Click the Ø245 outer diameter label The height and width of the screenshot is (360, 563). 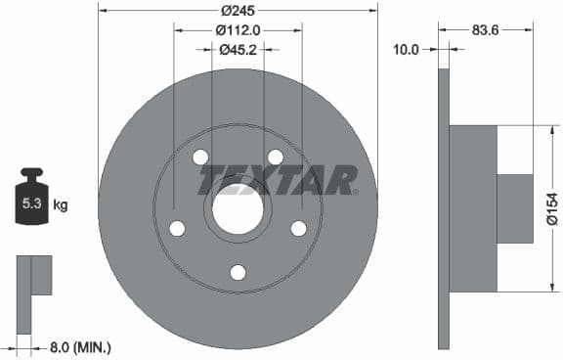(238, 11)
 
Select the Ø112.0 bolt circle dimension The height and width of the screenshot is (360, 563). (238, 29)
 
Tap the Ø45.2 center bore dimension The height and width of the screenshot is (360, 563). (238, 49)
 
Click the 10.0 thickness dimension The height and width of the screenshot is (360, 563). (405, 48)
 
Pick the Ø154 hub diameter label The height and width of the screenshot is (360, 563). (551, 208)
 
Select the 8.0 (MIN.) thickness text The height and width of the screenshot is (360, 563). (79, 346)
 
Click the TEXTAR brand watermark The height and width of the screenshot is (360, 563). (279, 180)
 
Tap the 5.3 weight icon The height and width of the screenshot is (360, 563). (31, 202)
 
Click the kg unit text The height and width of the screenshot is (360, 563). (61, 205)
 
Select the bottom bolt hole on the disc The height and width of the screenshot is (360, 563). (238, 273)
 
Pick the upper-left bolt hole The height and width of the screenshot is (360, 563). (200, 157)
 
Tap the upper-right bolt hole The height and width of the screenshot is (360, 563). (276, 157)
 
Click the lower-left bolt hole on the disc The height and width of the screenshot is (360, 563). (177, 229)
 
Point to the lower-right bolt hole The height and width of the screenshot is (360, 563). (299, 229)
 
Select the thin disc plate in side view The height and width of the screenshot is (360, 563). (444, 208)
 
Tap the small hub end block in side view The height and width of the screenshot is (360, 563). (515, 208)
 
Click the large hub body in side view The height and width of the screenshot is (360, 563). (473, 208)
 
